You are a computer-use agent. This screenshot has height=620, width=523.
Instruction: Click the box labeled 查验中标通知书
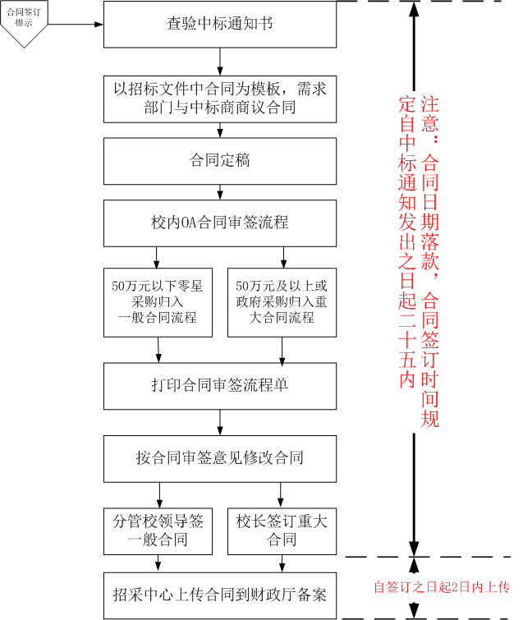220,24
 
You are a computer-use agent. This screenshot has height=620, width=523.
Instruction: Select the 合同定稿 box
220,161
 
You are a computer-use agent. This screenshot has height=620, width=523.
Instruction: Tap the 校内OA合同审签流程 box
220,223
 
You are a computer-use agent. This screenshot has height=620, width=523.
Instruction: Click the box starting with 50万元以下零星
158,302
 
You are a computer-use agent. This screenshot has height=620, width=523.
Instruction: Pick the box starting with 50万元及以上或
282,302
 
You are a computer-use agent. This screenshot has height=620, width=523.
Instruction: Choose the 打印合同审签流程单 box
220,386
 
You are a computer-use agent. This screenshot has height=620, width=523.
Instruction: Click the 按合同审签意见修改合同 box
220,459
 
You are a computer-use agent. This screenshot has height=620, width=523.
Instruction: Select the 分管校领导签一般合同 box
158,531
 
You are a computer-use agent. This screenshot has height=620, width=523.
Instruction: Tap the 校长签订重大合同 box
282,531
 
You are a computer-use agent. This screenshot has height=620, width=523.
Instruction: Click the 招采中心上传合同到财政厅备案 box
220,595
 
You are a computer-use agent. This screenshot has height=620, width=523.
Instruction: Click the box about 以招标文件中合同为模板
220,99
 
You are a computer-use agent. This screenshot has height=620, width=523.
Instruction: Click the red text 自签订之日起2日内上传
442,587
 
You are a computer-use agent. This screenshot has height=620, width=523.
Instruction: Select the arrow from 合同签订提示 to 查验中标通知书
76,24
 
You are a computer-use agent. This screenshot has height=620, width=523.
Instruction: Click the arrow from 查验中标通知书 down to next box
220,62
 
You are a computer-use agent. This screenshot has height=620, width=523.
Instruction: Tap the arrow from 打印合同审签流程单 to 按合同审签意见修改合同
220,422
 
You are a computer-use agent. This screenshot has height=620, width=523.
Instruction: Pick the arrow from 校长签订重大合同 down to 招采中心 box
282,563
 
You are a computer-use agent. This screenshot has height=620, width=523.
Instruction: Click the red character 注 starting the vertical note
429,104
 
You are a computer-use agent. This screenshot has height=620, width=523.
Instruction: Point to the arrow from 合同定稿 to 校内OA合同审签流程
220,192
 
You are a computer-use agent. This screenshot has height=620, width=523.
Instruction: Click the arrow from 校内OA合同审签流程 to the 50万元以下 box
157,257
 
